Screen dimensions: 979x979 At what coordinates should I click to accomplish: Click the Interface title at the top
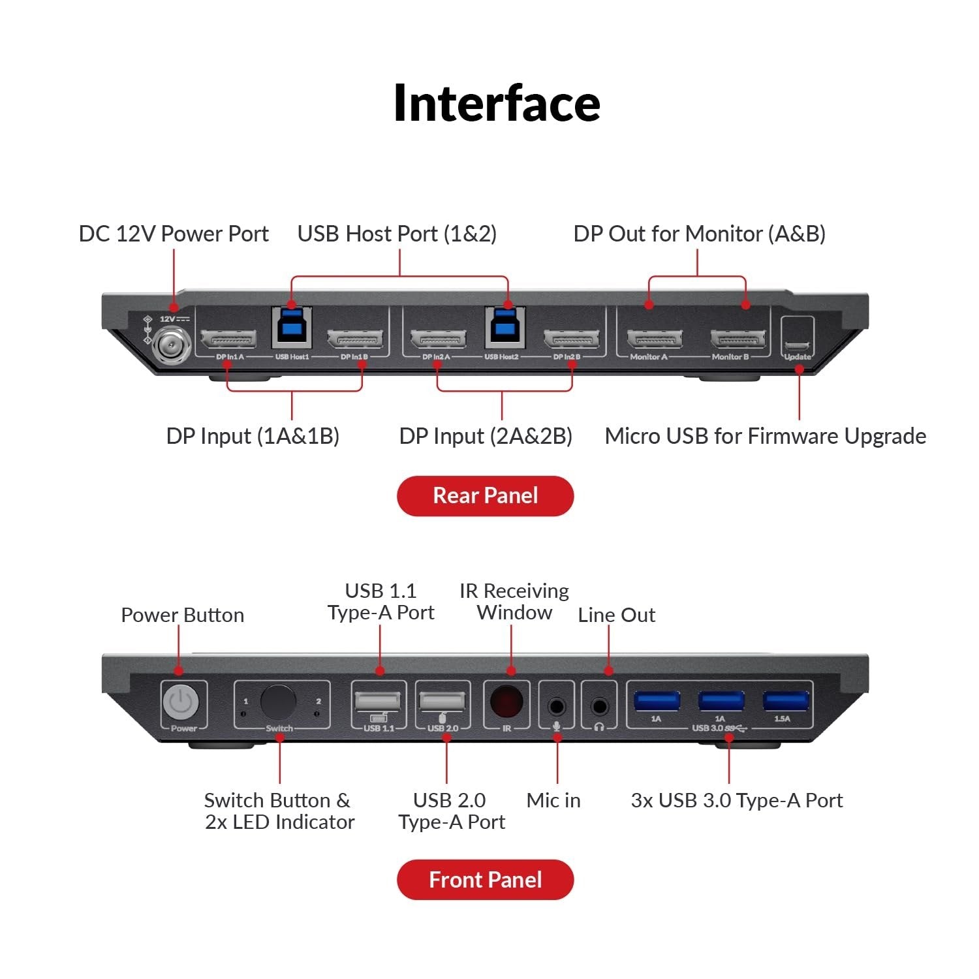pos(496,103)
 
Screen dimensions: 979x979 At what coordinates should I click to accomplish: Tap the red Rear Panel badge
pos(485,496)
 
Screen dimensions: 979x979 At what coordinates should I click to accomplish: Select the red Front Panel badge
pos(485,880)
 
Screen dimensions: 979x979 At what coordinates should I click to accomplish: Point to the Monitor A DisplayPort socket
pos(655,339)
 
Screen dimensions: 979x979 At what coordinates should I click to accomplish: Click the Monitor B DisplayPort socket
pos(738,339)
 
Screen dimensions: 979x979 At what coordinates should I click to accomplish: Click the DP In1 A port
pos(228,339)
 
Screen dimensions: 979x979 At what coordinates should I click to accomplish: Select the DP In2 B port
pos(571,339)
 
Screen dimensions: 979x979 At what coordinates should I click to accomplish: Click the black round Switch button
pos(278,702)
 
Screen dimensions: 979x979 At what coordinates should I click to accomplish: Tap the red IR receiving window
pos(506,702)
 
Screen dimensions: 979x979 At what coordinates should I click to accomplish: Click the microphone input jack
pos(557,706)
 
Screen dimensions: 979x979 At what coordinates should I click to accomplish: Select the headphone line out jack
pos(599,706)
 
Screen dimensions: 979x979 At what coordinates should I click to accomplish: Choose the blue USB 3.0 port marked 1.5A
pos(785,702)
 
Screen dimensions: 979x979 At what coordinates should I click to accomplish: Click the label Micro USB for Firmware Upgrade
pos(765,436)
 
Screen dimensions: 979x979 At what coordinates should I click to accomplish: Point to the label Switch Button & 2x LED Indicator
pos(279,811)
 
